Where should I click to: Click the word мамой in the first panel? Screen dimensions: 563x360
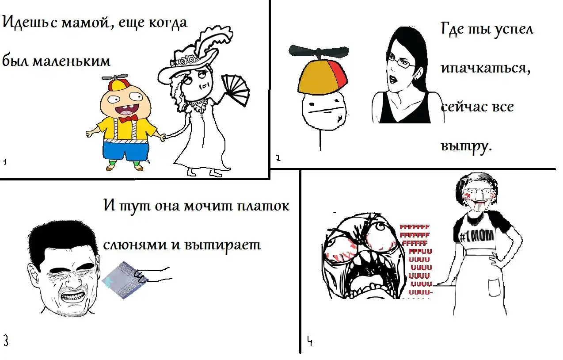point(85,23)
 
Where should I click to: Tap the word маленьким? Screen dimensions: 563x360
point(72,61)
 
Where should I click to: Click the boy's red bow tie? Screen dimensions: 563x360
point(128,118)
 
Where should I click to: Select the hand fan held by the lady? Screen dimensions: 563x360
point(236,90)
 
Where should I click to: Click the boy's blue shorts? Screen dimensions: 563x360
point(126,150)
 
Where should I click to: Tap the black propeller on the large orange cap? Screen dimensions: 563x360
point(319,51)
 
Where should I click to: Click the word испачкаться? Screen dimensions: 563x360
point(486,68)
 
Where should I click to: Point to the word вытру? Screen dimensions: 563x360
point(466,146)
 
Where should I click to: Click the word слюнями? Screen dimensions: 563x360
point(135,245)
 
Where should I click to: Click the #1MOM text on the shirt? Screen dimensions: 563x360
point(476,236)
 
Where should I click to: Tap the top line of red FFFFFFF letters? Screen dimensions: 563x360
point(415,227)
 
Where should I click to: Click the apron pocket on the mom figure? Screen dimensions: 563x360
point(495,287)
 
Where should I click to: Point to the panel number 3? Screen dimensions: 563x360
point(6,341)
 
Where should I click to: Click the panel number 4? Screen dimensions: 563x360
point(310,341)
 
